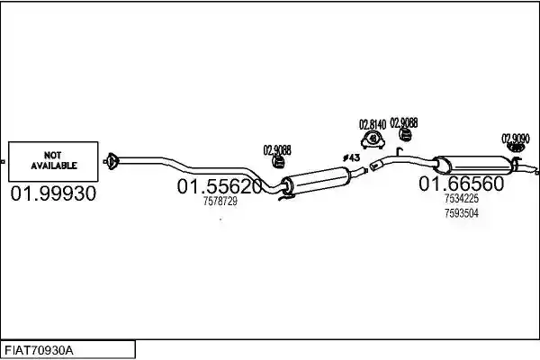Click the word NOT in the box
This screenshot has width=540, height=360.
tap(53, 155)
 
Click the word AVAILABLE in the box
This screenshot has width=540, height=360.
tap(54, 166)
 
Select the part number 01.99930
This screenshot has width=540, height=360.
tap(53, 193)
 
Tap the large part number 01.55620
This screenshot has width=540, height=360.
tap(220, 186)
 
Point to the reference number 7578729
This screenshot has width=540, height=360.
tap(220, 201)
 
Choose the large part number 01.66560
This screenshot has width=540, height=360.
tap(461, 184)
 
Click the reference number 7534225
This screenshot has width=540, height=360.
tap(462, 198)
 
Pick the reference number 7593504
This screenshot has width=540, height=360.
tap(462, 213)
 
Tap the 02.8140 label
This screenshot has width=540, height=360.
tap(373, 124)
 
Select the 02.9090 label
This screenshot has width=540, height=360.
tap(516, 139)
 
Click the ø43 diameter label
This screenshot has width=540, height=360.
tap(351, 157)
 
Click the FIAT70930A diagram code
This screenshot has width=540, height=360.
tap(39, 351)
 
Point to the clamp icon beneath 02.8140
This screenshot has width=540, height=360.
tap(373, 139)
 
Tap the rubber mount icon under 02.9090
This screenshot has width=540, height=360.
tap(516, 148)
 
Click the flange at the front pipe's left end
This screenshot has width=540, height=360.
tap(112, 161)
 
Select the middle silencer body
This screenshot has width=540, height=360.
tap(316, 180)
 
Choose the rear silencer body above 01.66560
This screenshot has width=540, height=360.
tap(473, 165)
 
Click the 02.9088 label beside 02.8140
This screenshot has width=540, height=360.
tap(404, 123)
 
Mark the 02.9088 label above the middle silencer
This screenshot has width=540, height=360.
tap(277, 150)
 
